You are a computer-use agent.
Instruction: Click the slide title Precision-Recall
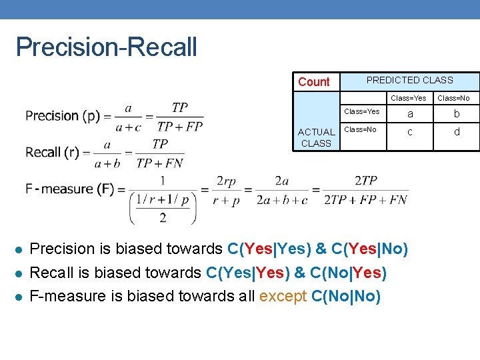pyautogui.click(x=106, y=47)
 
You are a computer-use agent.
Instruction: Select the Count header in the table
pyautogui.click(x=313, y=82)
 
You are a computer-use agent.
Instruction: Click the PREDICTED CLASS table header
pyautogui.click(x=409, y=80)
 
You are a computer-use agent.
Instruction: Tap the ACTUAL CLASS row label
pyautogui.click(x=316, y=137)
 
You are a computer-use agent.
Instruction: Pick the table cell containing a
pyautogui.click(x=409, y=114)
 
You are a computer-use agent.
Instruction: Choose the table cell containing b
pyautogui.click(x=457, y=114)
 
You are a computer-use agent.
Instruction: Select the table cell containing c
pyautogui.click(x=409, y=132)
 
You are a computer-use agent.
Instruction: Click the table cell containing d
pyautogui.click(x=457, y=132)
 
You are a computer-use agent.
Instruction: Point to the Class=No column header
pyautogui.click(x=453, y=99)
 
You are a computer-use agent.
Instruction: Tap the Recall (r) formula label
pyautogui.click(x=52, y=153)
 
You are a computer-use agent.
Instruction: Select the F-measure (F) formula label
pyautogui.click(x=69, y=189)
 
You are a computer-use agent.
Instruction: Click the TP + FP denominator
pyautogui.click(x=180, y=127)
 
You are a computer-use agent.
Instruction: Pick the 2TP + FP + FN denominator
pyautogui.click(x=366, y=199)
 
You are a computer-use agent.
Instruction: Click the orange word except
pyautogui.click(x=283, y=296)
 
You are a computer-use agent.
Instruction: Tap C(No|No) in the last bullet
pyautogui.click(x=346, y=296)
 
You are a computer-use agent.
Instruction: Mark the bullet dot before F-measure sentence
pyautogui.click(x=19, y=297)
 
